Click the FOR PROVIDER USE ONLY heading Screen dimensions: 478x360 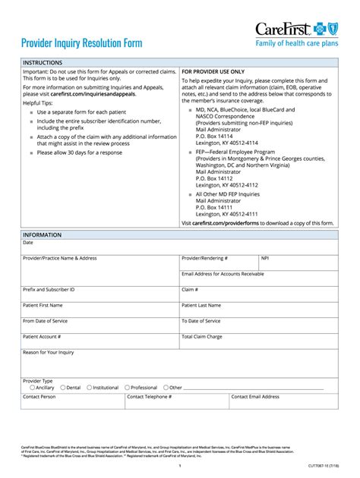pos(213,71)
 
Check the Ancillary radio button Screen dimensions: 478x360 pos(25,387)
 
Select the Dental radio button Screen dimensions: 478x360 pos(63,387)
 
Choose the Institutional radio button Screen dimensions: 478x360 pos(90,387)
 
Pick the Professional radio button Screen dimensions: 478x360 pos(128,387)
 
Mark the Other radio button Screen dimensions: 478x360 pos(166,387)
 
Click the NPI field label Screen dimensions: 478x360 pos(265,258)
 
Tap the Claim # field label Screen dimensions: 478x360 pos(190,290)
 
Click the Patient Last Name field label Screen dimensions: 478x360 pos(201,305)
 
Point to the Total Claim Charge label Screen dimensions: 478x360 pos(202,336)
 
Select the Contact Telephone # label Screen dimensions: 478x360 pos(150,397)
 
